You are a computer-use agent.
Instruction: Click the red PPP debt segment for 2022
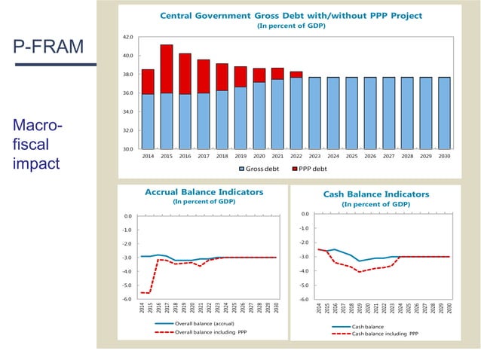[296, 75]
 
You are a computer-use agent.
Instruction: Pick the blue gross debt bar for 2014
[148, 121]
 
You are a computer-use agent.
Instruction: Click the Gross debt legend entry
[264, 168]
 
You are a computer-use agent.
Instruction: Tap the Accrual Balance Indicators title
[204, 192]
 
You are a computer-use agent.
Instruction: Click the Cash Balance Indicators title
[375, 194]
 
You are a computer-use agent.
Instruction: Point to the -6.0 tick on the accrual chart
[128, 299]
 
